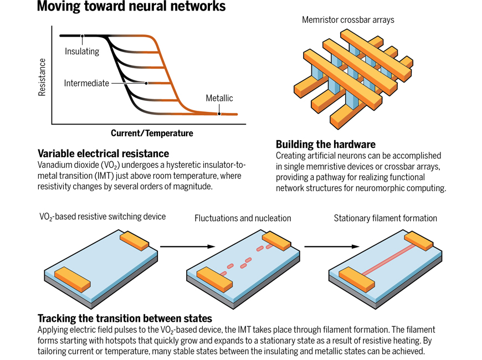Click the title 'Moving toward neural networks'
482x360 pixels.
[131, 7]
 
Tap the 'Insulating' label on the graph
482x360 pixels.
[82, 52]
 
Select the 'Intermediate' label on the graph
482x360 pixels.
[86, 84]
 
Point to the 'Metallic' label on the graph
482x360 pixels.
[219, 99]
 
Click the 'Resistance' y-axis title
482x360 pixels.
[42, 78]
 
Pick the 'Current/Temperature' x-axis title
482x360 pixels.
[152, 133]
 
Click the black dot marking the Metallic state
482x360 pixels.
[220, 114]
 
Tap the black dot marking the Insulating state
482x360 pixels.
[82, 36]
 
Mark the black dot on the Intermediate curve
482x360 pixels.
[146, 84]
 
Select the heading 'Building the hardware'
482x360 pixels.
[326, 145]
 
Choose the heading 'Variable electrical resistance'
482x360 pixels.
[103, 153]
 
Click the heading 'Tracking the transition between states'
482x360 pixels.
[125, 318]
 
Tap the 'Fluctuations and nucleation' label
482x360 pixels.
[243, 218]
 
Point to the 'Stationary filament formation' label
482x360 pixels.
[385, 218]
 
